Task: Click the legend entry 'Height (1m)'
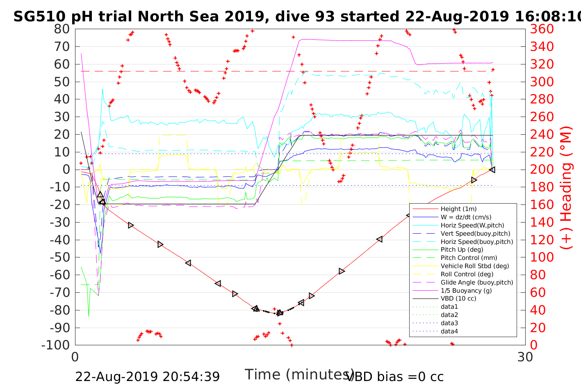(x=458, y=209)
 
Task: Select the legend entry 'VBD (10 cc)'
(x=458, y=298)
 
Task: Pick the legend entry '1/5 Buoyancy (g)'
(x=466, y=290)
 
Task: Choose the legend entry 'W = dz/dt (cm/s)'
(x=466, y=217)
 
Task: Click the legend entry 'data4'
(x=449, y=331)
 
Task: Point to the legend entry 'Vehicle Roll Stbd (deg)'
(x=474, y=266)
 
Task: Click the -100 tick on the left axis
(x=56, y=345)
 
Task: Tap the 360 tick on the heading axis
(x=542, y=29)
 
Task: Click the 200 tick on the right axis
(x=542, y=170)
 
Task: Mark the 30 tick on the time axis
(x=525, y=357)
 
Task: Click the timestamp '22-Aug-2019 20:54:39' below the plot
(x=147, y=377)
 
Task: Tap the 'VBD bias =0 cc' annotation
(x=395, y=377)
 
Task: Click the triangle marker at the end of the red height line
(x=492, y=170)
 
